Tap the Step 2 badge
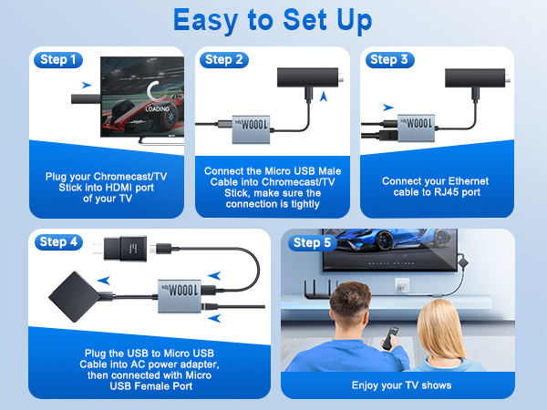click(224, 60)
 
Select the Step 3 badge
click(389, 60)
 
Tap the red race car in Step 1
click(137, 123)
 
